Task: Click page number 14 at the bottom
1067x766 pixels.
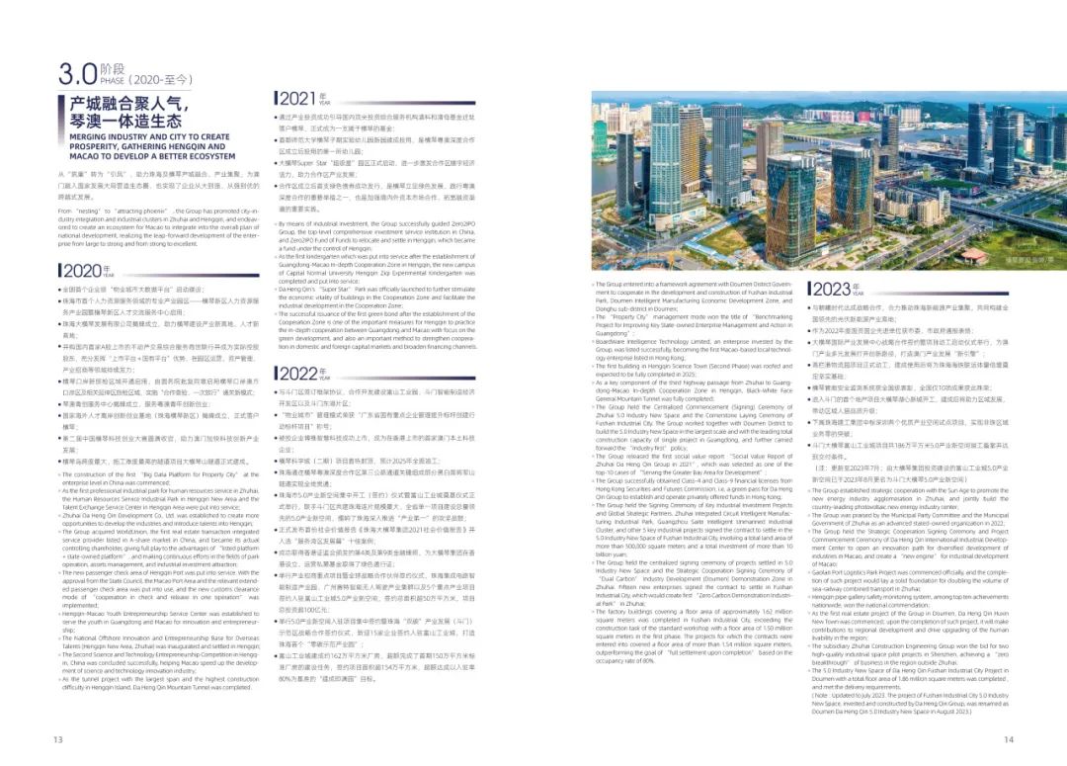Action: (x=1009, y=738)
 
